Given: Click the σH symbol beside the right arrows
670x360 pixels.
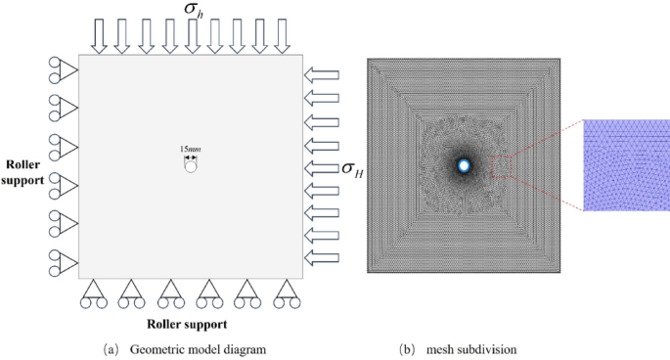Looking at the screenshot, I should coord(348,171).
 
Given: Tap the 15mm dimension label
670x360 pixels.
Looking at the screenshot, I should coord(190,148).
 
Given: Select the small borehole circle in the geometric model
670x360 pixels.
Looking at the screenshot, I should coord(191,165).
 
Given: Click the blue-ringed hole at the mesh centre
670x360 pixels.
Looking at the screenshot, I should coord(464,166).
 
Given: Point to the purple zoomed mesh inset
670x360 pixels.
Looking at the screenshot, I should coord(626,165).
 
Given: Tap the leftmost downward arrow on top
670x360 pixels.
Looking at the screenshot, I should coord(99,35).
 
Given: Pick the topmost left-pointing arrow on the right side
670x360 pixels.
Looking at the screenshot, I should coord(322,74).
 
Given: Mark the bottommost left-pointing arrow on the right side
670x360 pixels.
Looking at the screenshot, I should coord(322,258).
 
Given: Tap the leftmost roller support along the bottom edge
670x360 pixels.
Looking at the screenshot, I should coord(92,293).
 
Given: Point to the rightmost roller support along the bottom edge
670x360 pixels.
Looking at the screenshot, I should coord(285,293).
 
